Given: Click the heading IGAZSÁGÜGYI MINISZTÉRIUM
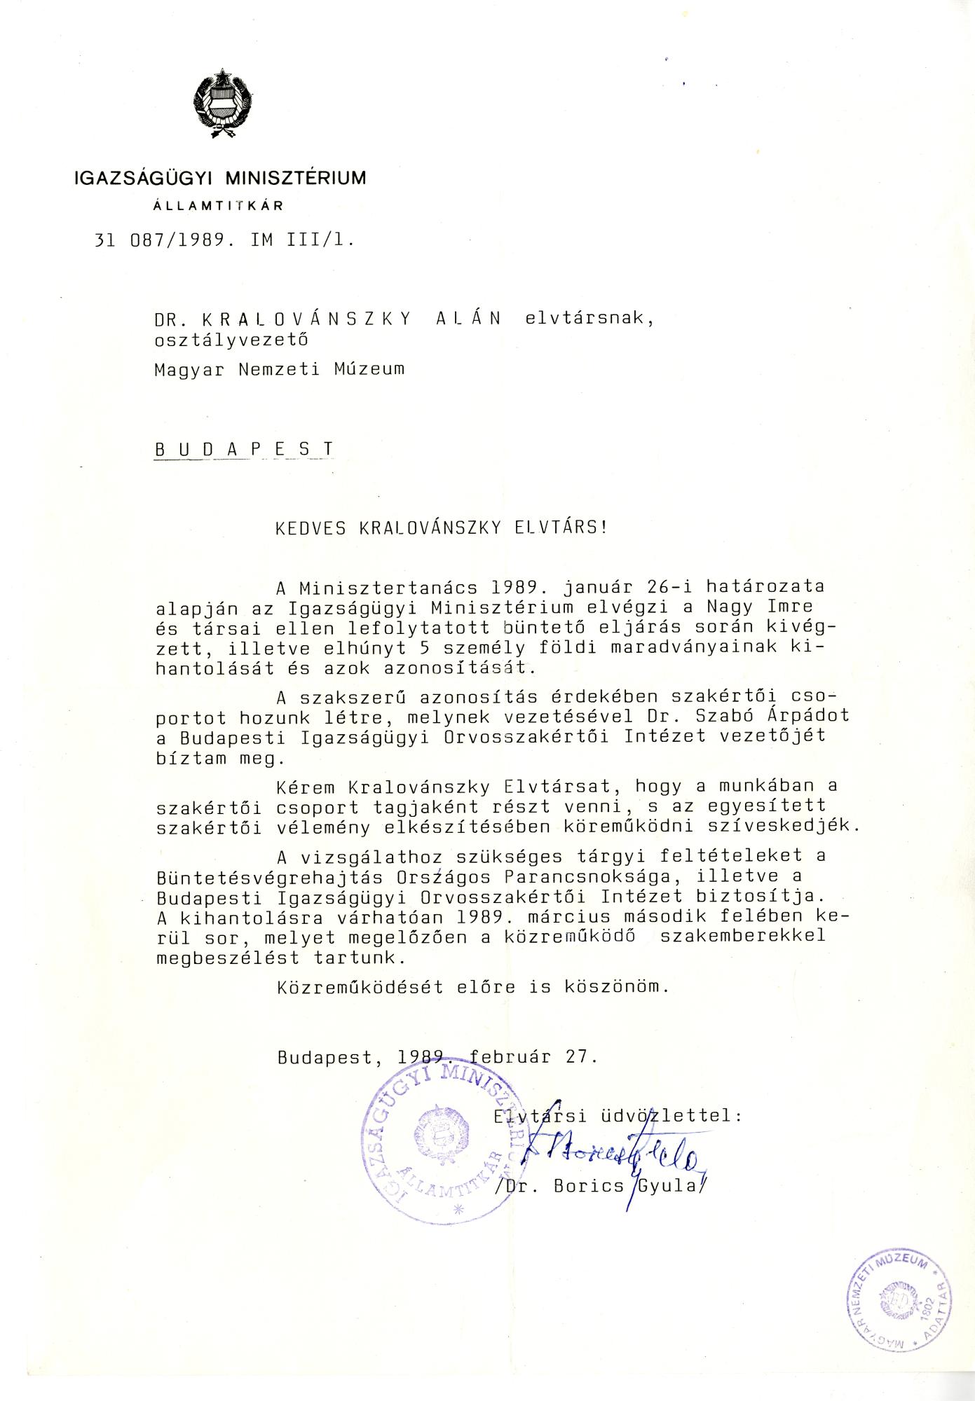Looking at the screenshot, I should (x=220, y=178).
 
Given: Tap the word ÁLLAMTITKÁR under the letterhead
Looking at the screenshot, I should (x=218, y=206).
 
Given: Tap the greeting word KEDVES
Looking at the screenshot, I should (x=311, y=527).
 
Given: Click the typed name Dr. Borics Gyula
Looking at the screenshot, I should (x=599, y=1185).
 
